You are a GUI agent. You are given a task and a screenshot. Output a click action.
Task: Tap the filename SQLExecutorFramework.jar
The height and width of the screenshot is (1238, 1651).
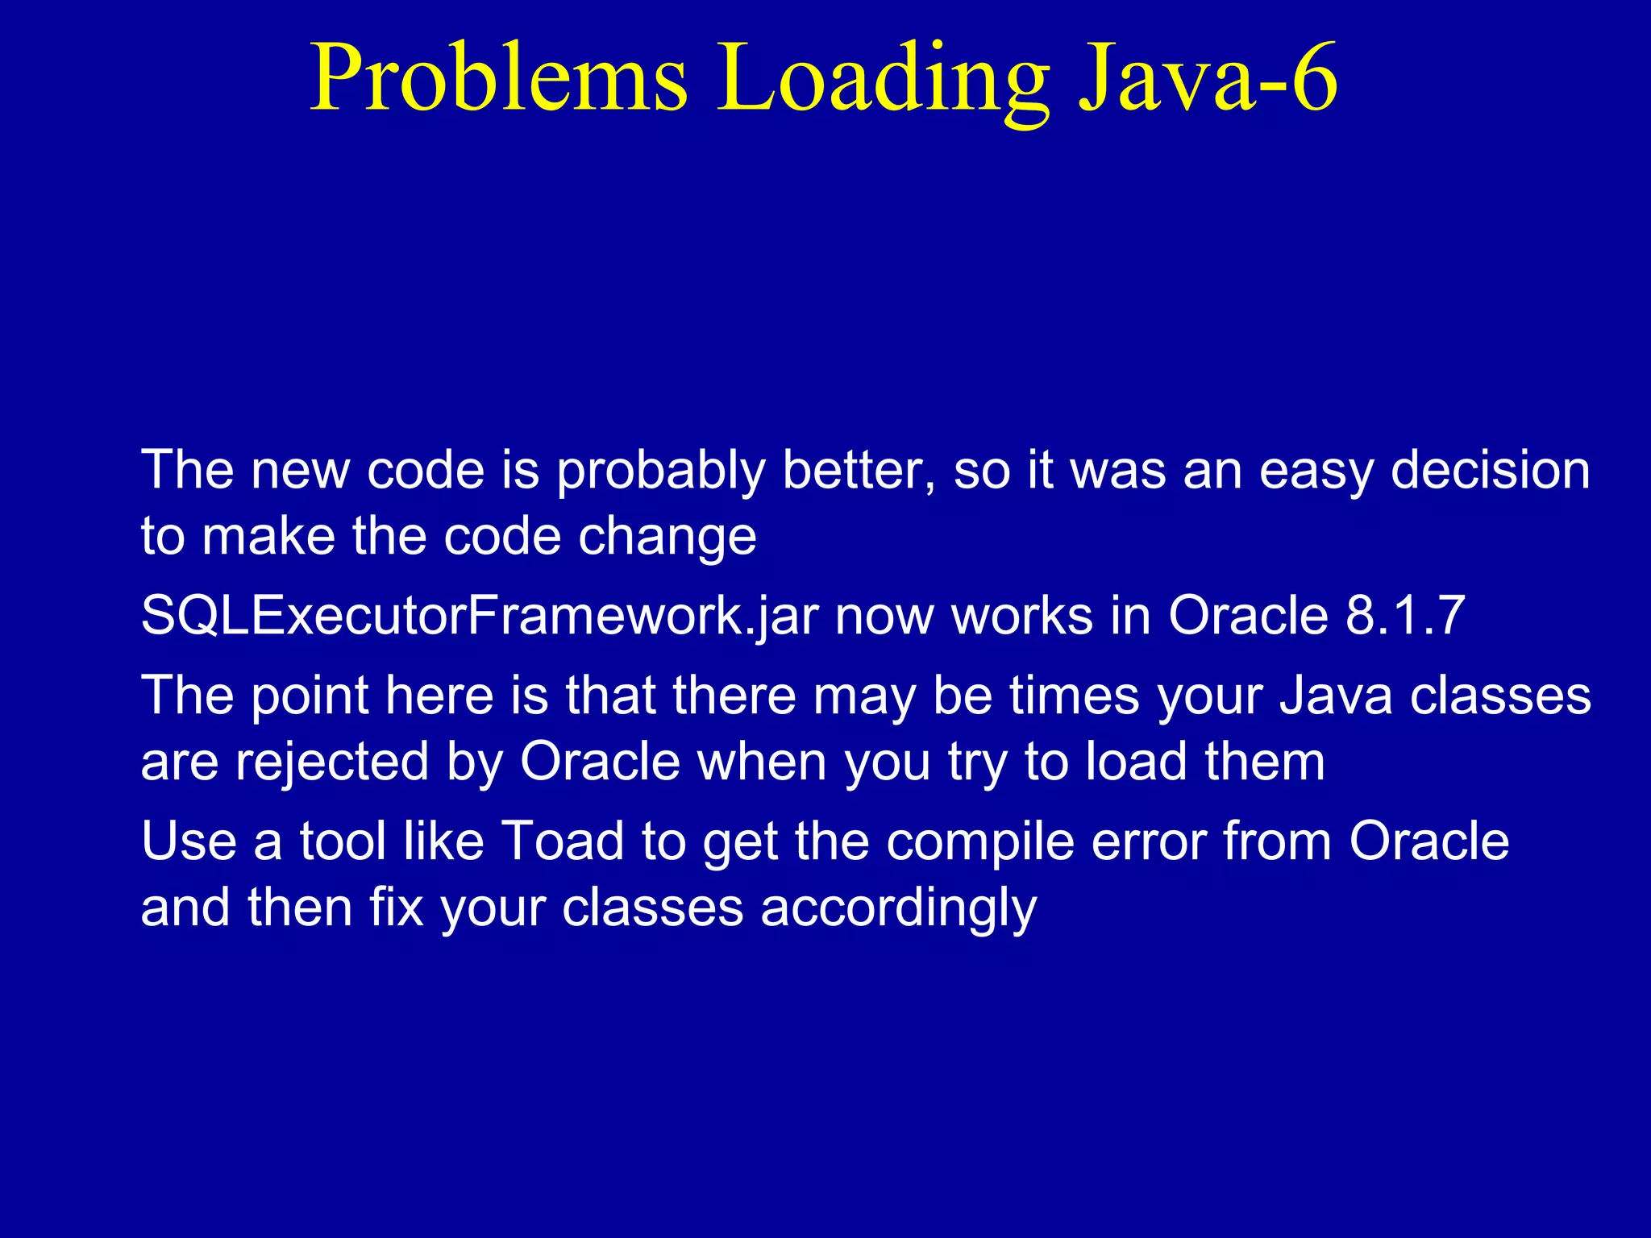pyautogui.click(x=480, y=617)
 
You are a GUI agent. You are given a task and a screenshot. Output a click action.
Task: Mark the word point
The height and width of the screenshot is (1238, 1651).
pyautogui.click(x=310, y=696)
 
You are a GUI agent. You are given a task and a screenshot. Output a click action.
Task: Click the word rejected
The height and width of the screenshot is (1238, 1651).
pyautogui.click(x=332, y=763)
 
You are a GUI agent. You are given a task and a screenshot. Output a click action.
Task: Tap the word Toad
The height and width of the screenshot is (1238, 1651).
pyautogui.click(x=563, y=841)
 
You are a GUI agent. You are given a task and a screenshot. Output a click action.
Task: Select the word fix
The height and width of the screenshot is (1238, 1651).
pyautogui.click(x=396, y=908)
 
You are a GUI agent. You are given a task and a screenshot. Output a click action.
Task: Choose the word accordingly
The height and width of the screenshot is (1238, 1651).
pyautogui.click(x=898, y=909)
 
